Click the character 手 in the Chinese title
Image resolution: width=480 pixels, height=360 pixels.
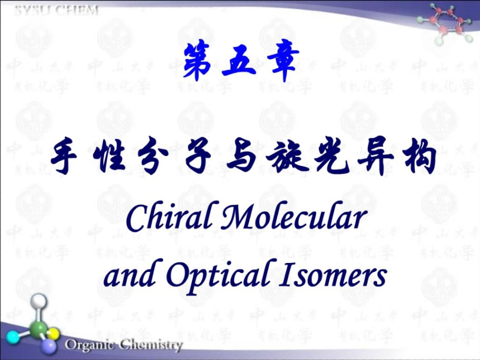(x=67, y=156)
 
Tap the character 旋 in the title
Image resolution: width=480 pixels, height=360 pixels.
(x=285, y=156)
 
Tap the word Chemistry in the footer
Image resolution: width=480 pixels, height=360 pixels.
(x=150, y=345)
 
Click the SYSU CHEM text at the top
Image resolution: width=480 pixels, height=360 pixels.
(x=56, y=10)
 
